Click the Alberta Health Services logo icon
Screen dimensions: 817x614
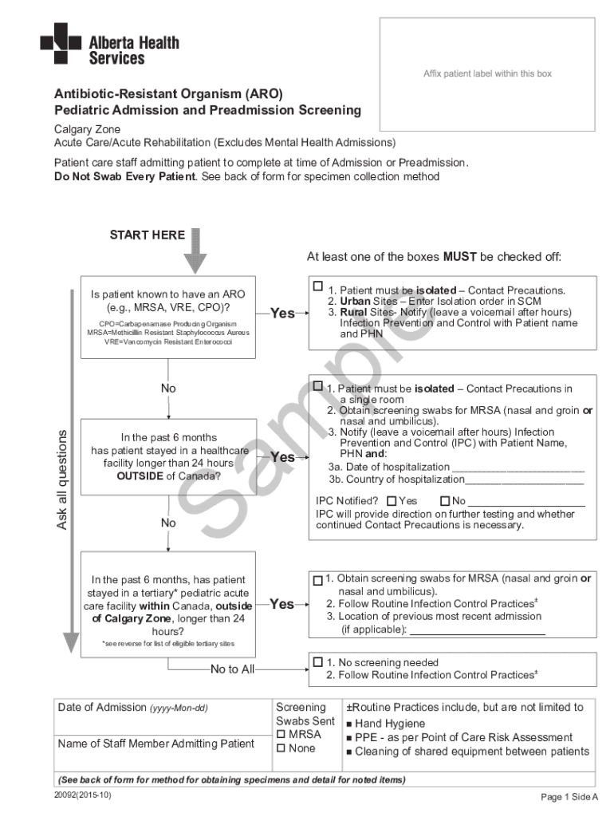[60, 43]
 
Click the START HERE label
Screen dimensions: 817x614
[147, 235]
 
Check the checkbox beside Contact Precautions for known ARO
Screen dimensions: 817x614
[318, 286]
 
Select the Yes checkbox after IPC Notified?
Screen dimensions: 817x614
[392, 501]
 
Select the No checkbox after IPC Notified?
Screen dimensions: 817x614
[446, 501]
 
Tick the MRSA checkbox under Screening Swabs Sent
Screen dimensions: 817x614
[281, 734]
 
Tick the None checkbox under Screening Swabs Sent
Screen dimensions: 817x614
[281, 748]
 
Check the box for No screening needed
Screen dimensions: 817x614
[318, 662]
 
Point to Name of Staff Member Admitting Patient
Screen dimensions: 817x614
[156, 744]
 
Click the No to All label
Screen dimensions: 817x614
[232, 669]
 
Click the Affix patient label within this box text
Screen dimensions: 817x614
[487, 73]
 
